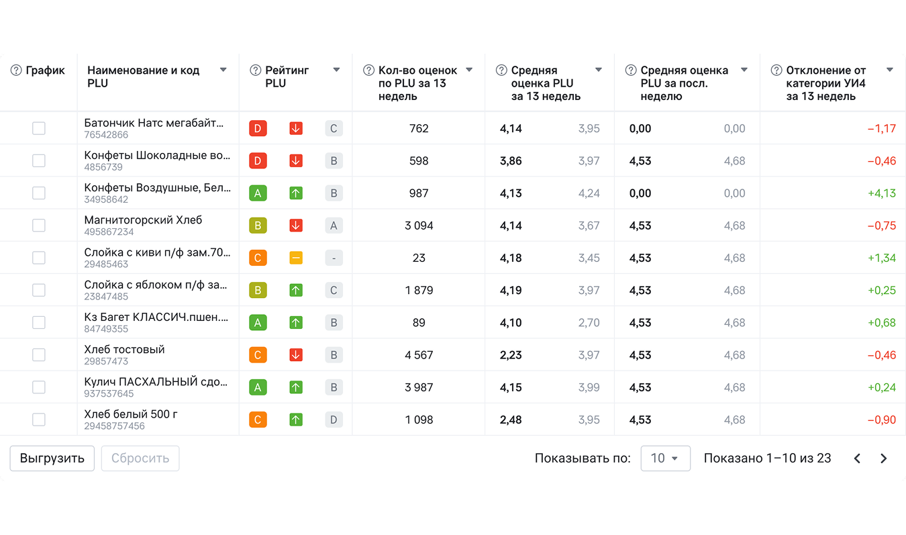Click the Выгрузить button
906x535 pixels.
[52, 458]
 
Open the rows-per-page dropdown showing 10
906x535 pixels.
[665, 458]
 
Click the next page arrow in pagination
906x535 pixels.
[883, 458]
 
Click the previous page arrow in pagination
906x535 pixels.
[857, 458]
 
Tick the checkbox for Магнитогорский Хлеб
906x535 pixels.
[39, 226]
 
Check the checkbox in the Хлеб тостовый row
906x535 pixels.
[39, 355]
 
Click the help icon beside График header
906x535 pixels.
[16, 70]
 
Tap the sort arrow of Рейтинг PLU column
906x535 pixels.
[336, 70]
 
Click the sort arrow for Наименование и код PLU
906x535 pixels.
[223, 70]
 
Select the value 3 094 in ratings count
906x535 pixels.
[419, 226]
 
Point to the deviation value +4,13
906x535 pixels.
[881, 193]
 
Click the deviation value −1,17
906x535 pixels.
[881, 128]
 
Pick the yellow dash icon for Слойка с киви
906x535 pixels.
[296, 258]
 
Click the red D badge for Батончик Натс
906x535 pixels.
[258, 128]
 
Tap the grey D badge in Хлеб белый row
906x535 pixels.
[334, 420]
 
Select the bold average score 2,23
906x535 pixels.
[511, 355]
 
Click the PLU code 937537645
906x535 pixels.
[109, 394]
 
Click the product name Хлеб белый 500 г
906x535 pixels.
[131, 414]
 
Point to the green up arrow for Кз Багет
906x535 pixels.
[296, 323]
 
